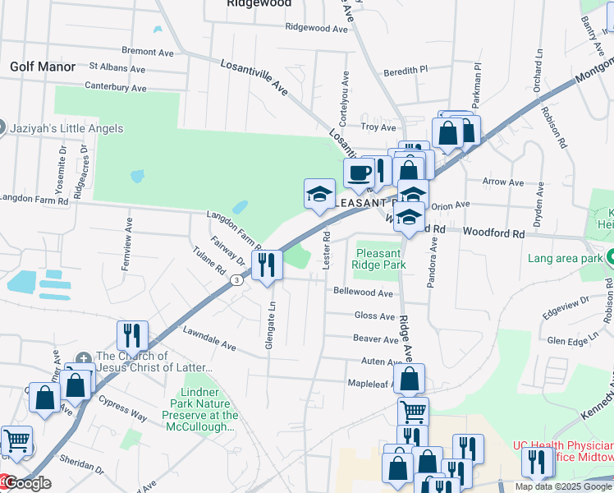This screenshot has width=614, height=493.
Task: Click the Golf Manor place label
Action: click(x=42, y=67)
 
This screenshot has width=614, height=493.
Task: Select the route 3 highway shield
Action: click(x=236, y=281)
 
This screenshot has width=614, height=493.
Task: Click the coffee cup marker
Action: click(x=359, y=173)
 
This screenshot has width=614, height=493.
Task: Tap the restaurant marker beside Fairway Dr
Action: click(x=267, y=265)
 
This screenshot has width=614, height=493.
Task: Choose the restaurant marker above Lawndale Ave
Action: click(x=132, y=335)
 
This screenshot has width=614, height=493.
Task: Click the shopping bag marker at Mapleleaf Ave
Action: click(x=409, y=380)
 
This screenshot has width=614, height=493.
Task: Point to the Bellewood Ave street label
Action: click(x=363, y=292)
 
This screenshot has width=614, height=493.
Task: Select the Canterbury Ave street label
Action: click(x=116, y=87)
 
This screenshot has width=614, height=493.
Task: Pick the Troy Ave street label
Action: click(x=379, y=127)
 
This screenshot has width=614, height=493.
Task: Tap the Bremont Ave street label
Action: click(x=147, y=52)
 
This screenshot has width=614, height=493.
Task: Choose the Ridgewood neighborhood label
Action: click(x=259, y=4)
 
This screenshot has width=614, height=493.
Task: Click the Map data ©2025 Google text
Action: click(x=563, y=486)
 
